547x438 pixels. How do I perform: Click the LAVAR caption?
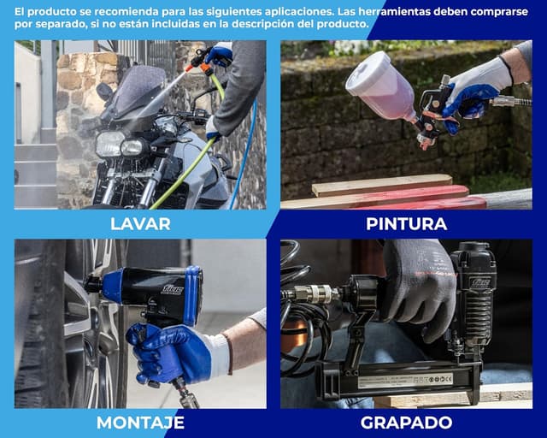(x=140, y=224)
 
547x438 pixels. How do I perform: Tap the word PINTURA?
(x=407, y=224)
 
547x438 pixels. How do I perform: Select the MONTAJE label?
(x=140, y=423)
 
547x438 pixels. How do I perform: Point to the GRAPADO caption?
(x=407, y=423)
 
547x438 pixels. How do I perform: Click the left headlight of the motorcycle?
(x=109, y=144)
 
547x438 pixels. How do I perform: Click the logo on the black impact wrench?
(x=172, y=289)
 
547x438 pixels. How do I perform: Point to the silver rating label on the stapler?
(x=405, y=381)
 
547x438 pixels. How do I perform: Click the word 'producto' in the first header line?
(x=52, y=11)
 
